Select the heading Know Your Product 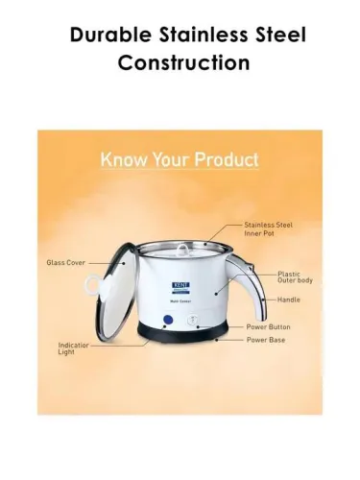(x=180, y=157)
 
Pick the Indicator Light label (x=73, y=349)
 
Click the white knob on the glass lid (x=91, y=285)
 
